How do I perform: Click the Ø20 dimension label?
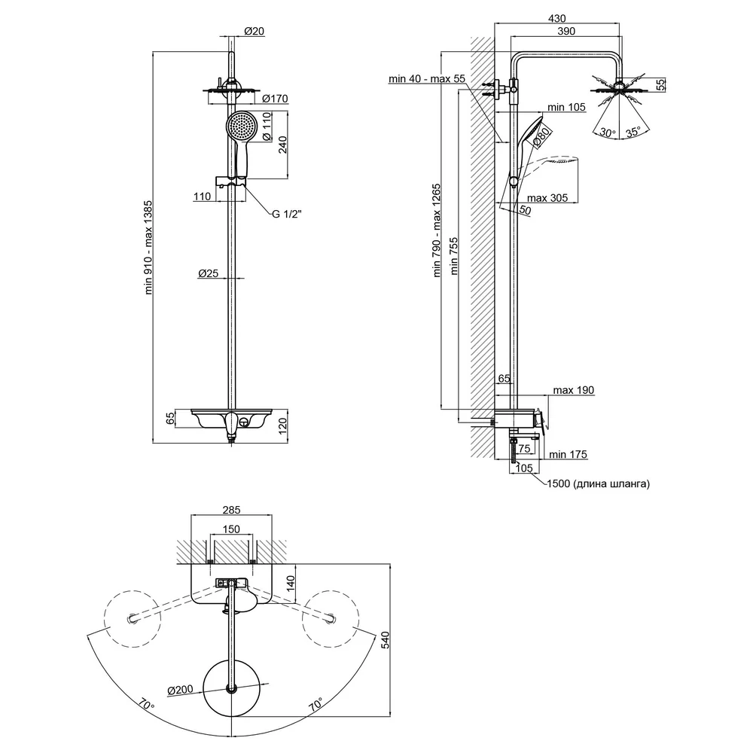(x=254, y=31)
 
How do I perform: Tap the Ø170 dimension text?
(x=275, y=99)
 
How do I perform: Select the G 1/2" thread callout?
(x=287, y=214)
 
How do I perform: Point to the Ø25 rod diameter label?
(x=209, y=273)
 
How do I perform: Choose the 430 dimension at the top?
(x=557, y=18)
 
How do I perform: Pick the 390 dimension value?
(x=566, y=31)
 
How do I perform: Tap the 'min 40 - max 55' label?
(x=427, y=78)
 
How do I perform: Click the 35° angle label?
(x=633, y=132)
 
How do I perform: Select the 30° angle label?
(x=608, y=132)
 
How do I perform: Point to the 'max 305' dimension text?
(x=547, y=198)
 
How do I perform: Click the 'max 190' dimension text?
(x=573, y=390)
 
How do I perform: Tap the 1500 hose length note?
(x=599, y=483)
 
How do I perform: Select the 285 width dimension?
(x=231, y=510)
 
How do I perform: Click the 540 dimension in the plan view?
(x=385, y=640)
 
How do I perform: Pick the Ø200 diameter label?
(x=180, y=691)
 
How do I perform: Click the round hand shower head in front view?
(x=242, y=127)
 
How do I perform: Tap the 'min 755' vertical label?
(x=453, y=256)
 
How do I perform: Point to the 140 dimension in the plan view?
(x=290, y=584)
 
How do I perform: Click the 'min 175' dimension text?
(x=568, y=454)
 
